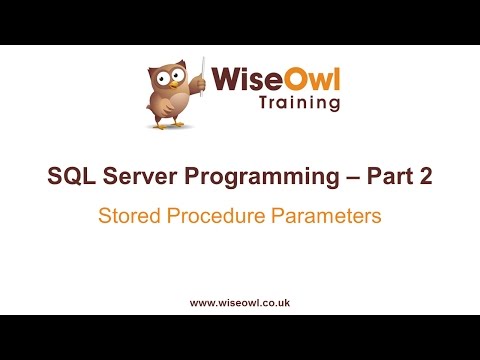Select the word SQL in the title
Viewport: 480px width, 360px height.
71,177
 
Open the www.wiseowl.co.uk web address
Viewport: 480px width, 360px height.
240,301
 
